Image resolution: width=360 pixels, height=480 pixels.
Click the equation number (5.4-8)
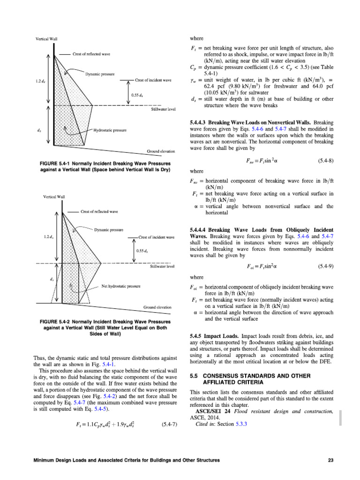tap(325, 161)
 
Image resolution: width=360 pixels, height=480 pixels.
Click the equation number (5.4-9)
tap(325, 266)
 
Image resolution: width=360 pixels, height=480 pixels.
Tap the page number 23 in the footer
tap(330, 460)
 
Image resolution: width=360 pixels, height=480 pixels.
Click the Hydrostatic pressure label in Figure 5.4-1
tap(110, 129)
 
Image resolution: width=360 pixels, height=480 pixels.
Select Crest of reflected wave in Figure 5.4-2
tap(99, 211)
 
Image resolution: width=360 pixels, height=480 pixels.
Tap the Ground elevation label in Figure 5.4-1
tap(161, 151)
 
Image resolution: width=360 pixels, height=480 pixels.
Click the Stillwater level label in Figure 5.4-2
tap(162, 266)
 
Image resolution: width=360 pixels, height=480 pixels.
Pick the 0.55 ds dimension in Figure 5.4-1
tap(137, 95)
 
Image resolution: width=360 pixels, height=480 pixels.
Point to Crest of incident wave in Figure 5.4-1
tap(153, 80)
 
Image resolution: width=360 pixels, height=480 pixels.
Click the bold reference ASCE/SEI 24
tap(210, 412)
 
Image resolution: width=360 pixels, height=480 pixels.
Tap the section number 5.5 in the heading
tap(194, 375)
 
